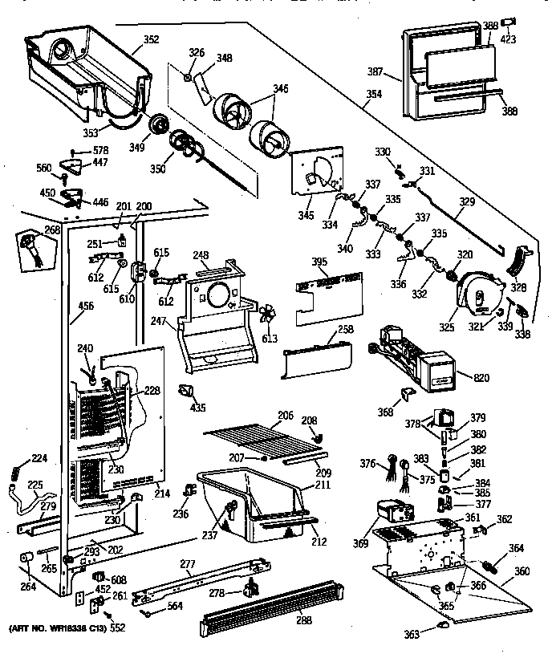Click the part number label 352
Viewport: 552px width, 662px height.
(x=151, y=40)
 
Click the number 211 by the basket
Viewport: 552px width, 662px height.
(x=323, y=486)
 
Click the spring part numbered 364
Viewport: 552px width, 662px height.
(x=493, y=566)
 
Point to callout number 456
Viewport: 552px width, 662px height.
(x=86, y=306)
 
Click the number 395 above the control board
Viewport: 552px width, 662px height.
(x=319, y=263)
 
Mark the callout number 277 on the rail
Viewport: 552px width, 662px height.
(x=187, y=565)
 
